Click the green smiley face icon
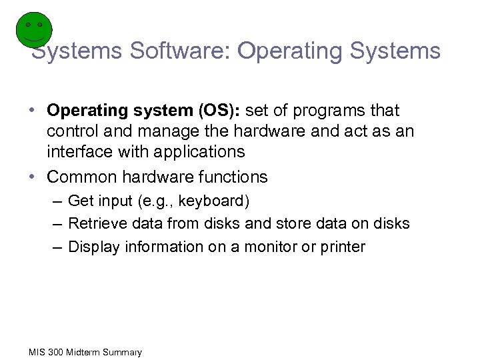pyautogui.click(x=33, y=30)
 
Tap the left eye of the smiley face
pyautogui.click(x=28, y=25)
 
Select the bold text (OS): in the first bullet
pyautogui.click(x=221, y=110)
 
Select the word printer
pyautogui.click(x=342, y=247)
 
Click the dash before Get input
pyautogui.click(x=58, y=201)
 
